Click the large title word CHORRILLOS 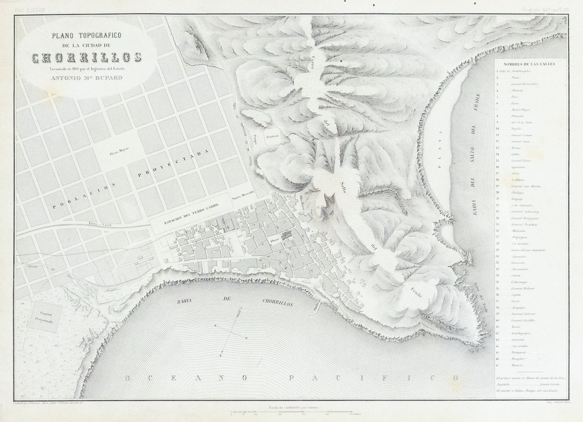click(86, 58)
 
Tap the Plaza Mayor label click(118, 153)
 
